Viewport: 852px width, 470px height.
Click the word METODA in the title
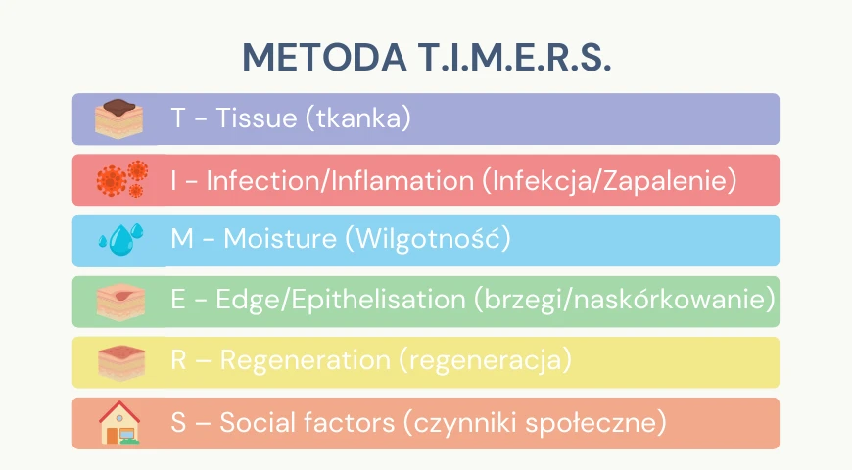324,57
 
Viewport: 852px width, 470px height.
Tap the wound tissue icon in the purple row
119,118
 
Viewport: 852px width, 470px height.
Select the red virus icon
121,179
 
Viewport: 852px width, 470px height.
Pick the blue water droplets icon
121,239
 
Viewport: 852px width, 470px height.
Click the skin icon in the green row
120,302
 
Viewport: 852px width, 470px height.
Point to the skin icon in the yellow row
121,362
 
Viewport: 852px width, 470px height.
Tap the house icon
119,422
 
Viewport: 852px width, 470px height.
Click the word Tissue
256,117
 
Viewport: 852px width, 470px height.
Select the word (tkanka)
358,118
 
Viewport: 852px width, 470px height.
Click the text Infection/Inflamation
340,180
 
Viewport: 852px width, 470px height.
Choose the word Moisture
280,239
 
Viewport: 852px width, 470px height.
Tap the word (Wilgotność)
428,239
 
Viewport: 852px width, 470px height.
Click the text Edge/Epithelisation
341,300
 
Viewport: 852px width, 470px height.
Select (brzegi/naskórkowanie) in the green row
625,300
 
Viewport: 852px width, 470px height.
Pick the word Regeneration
305,360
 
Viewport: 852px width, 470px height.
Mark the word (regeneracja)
486,360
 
